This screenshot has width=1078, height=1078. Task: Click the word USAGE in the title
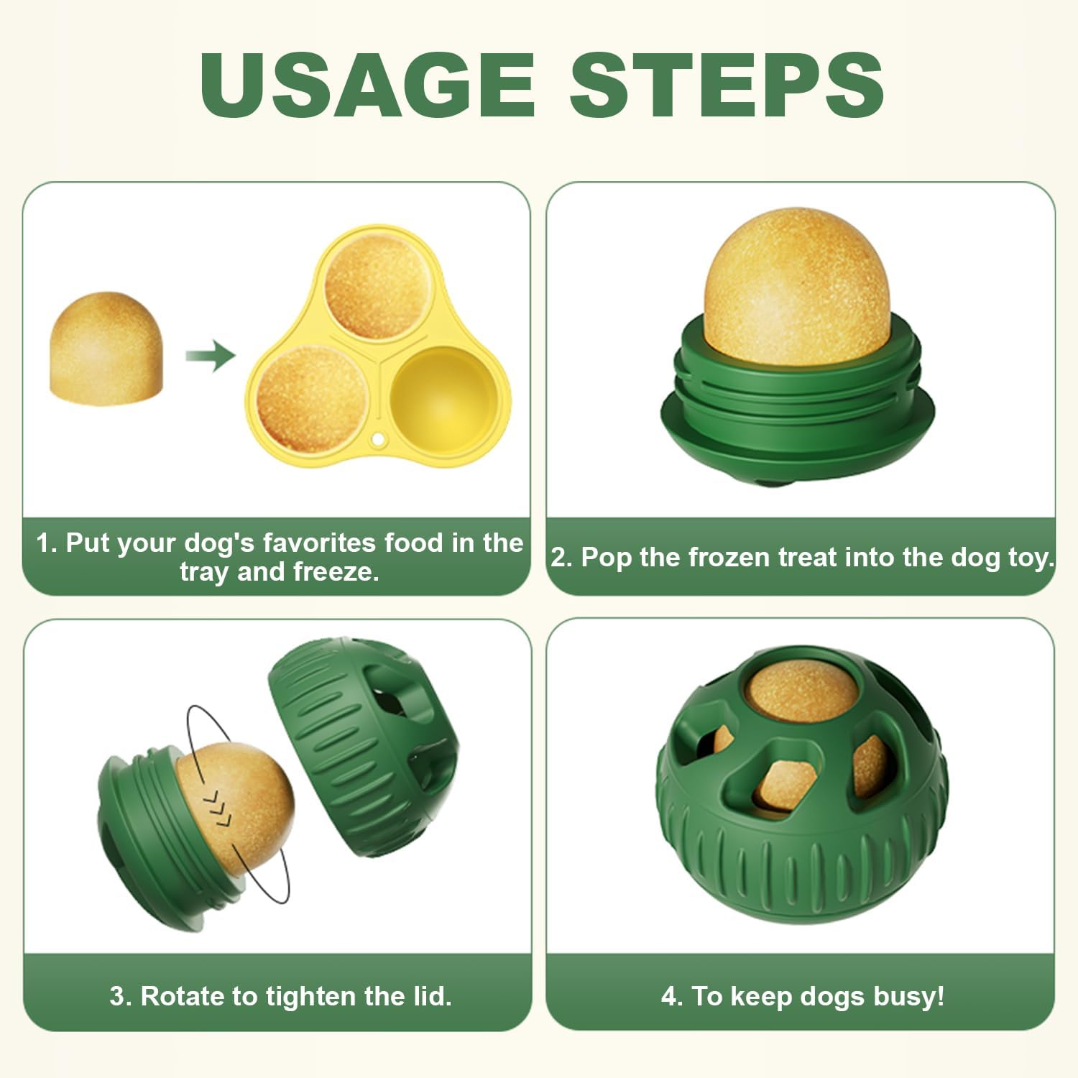(x=367, y=85)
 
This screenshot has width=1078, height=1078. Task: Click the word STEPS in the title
(x=727, y=85)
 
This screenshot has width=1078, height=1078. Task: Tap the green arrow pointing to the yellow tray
(x=210, y=355)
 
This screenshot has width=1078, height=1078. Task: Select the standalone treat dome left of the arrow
(x=106, y=348)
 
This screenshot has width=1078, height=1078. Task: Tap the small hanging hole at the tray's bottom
(x=377, y=439)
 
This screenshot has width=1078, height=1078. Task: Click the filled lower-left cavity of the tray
(x=312, y=399)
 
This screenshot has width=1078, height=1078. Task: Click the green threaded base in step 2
(x=798, y=410)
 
